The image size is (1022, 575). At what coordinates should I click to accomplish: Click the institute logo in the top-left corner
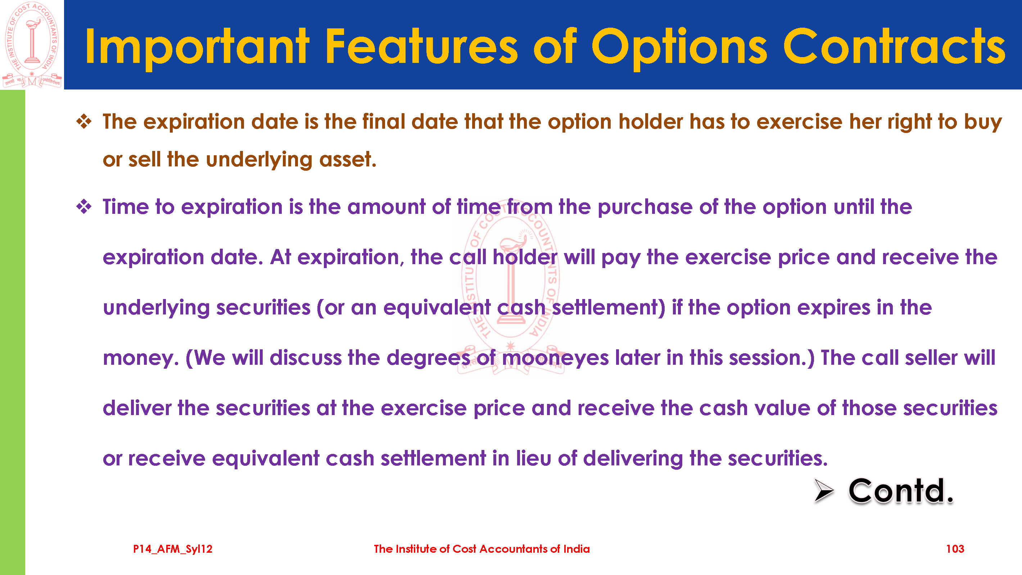pyautogui.click(x=32, y=45)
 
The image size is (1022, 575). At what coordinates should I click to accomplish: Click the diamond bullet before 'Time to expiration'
pyautogui.click(x=84, y=207)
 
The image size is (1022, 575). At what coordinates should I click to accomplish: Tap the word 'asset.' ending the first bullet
pyautogui.click(x=348, y=160)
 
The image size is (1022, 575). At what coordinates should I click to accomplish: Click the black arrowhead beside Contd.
pyautogui.click(x=824, y=490)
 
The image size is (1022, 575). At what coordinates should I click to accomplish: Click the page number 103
pyautogui.click(x=955, y=549)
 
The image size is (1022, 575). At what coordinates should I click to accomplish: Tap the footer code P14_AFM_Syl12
pyautogui.click(x=173, y=549)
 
